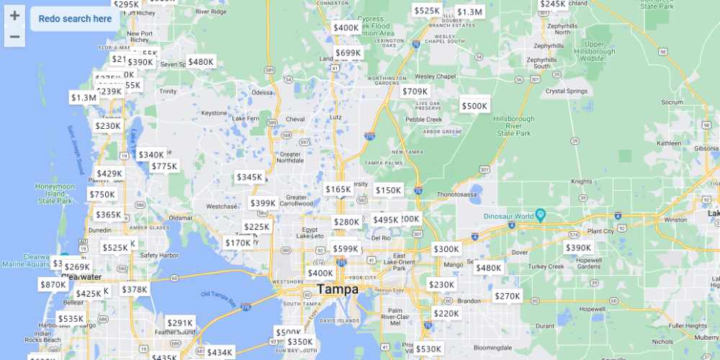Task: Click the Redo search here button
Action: [x=75, y=19]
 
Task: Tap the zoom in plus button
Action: [x=14, y=16]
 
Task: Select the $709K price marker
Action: [x=415, y=91]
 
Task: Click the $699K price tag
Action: [x=348, y=53]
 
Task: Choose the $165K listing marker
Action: [x=338, y=189]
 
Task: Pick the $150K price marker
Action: [x=388, y=190]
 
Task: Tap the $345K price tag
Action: [x=250, y=177]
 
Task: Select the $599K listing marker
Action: [x=346, y=249]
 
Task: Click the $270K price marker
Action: [x=507, y=296]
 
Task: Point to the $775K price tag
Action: [x=164, y=166]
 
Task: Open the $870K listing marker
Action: [x=53, y=284]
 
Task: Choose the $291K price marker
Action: [x=180, y=323]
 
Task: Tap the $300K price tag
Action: [x=446, y=249]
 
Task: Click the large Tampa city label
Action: [x=338, y=289]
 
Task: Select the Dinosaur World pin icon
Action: [x=541, y=216]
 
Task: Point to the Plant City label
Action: [x=600, y=230]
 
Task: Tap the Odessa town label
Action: [x=262, y=92]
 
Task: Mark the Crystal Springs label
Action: [x=567, y=91]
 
